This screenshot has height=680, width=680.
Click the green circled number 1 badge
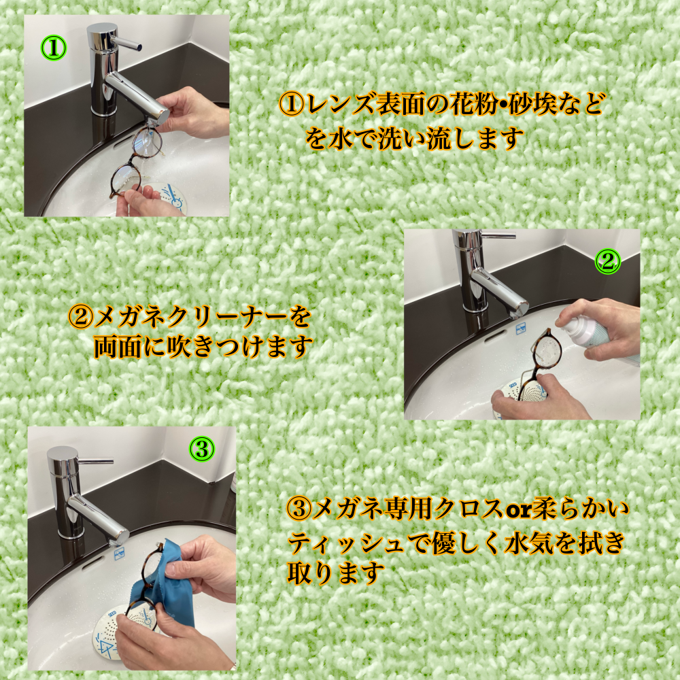pos(54,48)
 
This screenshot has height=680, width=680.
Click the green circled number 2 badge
pos(608,261)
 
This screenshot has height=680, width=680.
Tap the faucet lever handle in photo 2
pos(500,237)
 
